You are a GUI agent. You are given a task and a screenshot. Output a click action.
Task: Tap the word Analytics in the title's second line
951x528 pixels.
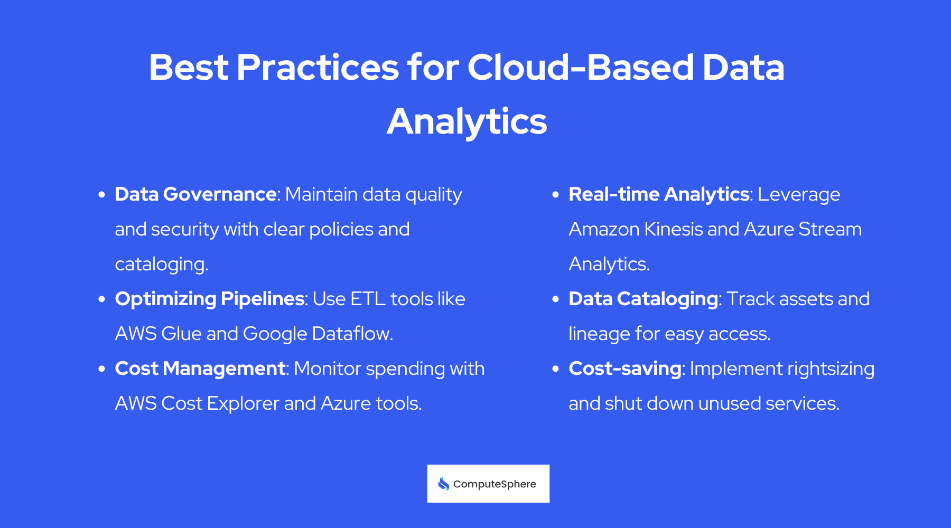(x=467, y=121)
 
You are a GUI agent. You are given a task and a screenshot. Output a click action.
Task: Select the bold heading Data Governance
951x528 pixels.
(x=195, y=194)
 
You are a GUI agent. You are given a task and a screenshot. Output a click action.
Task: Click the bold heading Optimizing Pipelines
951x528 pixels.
(x=210, y=299)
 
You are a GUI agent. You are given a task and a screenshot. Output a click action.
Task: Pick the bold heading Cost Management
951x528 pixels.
(x=200, y=369)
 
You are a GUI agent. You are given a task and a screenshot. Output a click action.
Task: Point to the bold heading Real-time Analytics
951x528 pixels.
(x=659, y=194)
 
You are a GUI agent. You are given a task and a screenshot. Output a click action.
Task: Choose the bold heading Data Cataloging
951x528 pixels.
(x=643, y=299)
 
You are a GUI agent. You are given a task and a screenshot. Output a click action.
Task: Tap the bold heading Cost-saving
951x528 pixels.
(x=624, y=369)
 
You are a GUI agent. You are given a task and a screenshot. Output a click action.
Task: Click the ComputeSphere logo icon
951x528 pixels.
(x=443, y=484)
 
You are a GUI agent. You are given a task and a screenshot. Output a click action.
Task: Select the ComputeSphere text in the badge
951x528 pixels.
(x=495, y=484)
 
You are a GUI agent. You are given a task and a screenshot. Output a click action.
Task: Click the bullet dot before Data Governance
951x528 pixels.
(x=102, y=195)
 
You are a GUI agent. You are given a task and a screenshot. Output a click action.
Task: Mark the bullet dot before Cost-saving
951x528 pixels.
(x=555, y=369)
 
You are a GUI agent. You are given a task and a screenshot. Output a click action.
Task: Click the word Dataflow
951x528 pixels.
(x=352, y=334)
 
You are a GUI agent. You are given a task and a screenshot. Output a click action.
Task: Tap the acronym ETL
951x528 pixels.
(x=368, y=299)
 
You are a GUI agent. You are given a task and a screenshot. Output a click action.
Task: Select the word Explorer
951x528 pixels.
(x=243, y=403)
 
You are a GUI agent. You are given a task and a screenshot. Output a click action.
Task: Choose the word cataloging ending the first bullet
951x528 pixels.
(x=161, y=264)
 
